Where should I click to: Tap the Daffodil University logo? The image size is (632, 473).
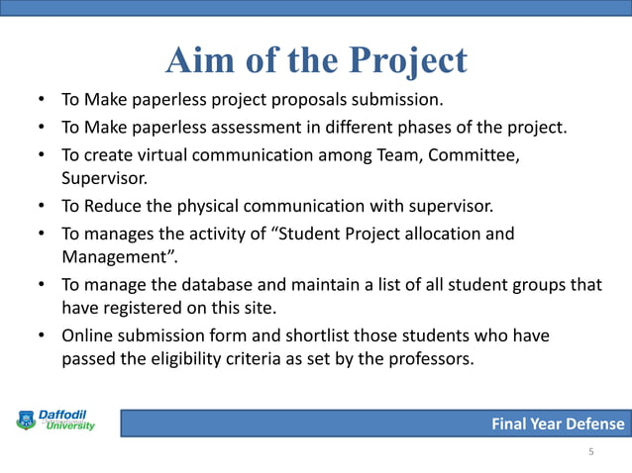click(56, 420)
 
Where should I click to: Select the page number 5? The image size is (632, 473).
click(591, 453)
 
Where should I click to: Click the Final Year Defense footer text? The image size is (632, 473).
click(559, 425)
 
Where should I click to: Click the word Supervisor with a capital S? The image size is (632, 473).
click(100, 180)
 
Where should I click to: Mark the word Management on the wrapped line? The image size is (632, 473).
click(111, 259)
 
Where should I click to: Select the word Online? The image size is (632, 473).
click(88, 336)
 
